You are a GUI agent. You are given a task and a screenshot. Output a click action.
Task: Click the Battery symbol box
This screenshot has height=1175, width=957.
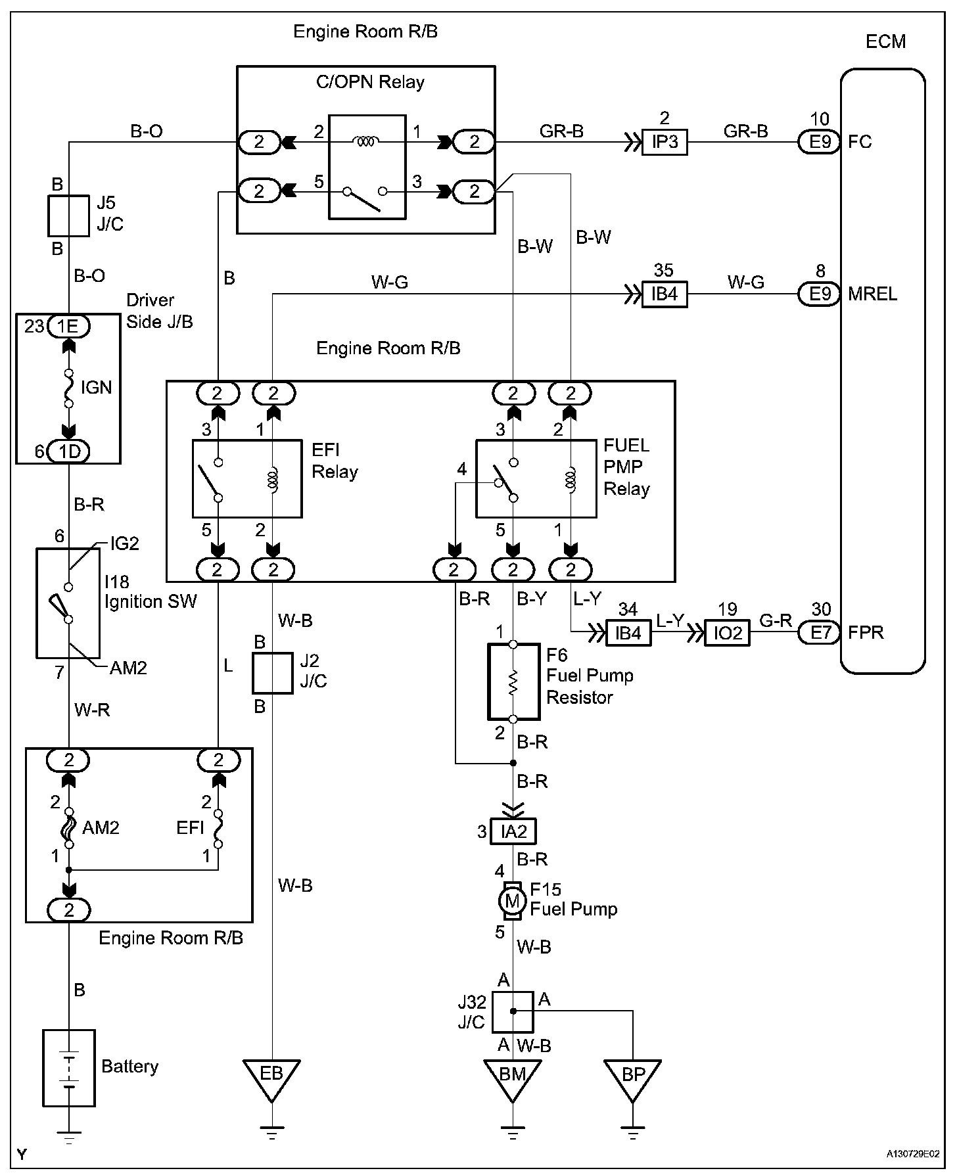click(69, 1067)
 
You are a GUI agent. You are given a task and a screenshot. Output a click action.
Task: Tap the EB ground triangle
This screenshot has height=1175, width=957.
click(271, 1076)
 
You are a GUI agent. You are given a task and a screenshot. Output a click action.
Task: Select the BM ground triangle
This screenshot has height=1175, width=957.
click(513, 1076)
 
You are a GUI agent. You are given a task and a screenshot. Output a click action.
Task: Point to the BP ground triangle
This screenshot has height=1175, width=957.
click(633, 1076)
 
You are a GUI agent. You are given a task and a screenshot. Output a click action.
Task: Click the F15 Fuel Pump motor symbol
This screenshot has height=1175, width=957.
click(512, 900)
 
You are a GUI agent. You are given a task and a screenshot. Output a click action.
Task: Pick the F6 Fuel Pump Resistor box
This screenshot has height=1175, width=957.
click(513, 681)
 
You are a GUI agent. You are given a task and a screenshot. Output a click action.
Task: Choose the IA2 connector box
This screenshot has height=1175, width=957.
click(514, 831)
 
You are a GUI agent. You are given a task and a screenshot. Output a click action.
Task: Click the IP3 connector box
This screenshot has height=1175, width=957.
click(665, 142)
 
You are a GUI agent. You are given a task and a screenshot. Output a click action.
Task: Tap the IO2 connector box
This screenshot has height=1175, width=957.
click(727, 633)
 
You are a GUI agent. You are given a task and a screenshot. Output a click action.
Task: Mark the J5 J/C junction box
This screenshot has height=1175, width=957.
click(68, 216)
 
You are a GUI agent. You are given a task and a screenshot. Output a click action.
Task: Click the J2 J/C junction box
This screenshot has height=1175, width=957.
click(273, 673)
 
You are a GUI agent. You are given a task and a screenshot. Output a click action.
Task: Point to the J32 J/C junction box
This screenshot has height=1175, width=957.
click(513, 1011)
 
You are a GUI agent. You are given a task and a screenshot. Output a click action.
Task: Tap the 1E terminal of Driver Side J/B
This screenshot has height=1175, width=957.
click(68, 326)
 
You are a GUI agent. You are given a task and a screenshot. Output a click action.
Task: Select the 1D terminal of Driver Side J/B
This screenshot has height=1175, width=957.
click(68, 451)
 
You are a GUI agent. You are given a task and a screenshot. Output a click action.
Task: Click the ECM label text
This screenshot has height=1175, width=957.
click(885, 41)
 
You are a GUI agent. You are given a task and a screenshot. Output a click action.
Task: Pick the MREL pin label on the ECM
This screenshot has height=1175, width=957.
click(872, 294)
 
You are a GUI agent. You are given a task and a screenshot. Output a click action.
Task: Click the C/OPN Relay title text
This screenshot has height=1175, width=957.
click(370, 82)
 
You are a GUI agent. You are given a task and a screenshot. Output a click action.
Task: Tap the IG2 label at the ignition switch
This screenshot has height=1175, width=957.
click(125, 543)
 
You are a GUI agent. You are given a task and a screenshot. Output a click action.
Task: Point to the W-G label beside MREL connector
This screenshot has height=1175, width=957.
click(745, 283)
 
